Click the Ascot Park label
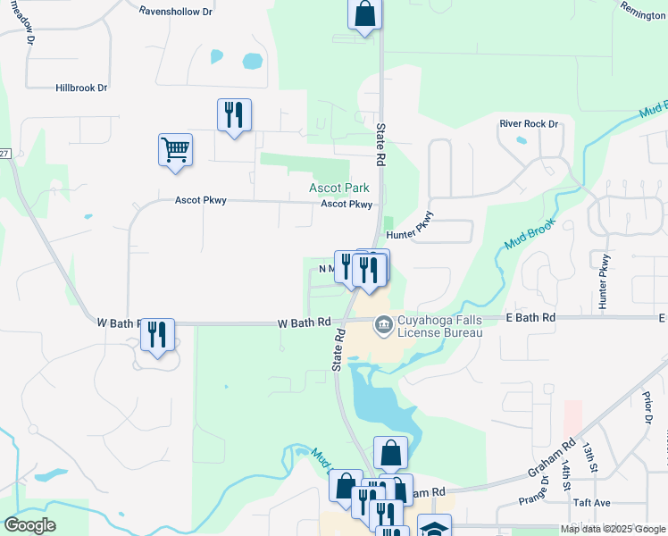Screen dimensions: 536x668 tap(340, 188)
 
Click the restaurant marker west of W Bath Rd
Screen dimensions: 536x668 tap(157, 335)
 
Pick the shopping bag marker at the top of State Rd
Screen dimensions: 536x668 tap(364, 14)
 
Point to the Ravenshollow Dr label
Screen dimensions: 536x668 tap(176, 12)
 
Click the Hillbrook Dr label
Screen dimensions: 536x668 tap(81, 88)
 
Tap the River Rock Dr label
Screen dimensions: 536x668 tap(529, 124)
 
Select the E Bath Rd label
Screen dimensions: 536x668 tap(530, 317)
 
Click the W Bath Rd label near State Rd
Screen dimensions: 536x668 tap(304, 322)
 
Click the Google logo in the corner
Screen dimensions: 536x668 tap(29, 525)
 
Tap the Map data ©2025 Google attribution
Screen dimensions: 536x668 tap(612, 529)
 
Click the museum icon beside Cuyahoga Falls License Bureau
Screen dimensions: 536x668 tap(384, 322)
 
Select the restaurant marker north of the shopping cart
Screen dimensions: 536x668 tap(234, 114)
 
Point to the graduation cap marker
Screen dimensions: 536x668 tap(435, 528)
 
